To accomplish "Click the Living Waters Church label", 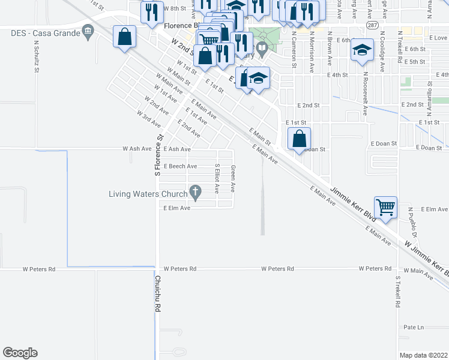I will point(147,194).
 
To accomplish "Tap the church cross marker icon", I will point(194,193).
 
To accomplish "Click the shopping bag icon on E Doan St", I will point(299,139).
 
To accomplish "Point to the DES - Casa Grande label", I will point(46,32).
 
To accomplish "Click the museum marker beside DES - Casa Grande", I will point(88,31).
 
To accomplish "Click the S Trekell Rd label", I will point(397,292).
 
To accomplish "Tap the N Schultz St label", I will point(37,56).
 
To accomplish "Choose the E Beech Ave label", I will point(180,166).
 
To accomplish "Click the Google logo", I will point(20,353).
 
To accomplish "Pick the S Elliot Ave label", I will point(217,178).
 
